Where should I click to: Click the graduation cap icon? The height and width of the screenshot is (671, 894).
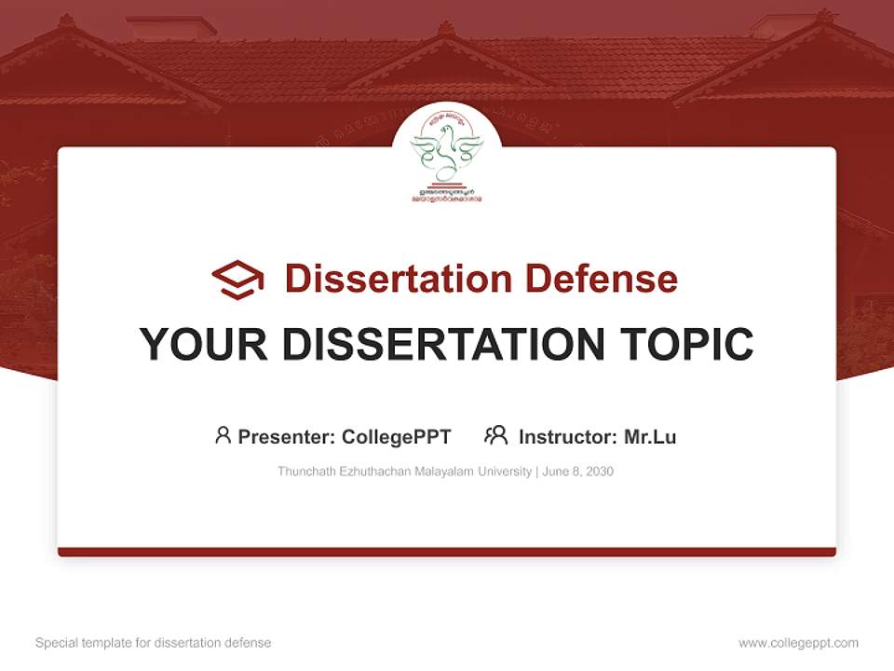tap(237, 280)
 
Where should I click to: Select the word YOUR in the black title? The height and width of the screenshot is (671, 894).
tap(203, 345)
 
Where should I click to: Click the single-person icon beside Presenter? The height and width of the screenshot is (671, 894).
tap(223, 435)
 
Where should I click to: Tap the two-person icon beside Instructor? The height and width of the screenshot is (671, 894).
tap(495, 435)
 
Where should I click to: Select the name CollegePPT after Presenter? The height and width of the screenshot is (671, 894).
tap(397, 437)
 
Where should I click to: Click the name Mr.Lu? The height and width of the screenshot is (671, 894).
tap(650, 437)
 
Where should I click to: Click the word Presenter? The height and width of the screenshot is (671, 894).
tap(287, 437)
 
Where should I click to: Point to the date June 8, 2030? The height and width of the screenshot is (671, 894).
tap(576, 472)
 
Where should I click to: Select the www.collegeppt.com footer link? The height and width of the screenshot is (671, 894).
tap(798, 643)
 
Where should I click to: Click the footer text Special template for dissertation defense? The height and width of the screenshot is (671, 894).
tap(154, 643)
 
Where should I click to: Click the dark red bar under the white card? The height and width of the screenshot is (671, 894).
tap(447, 553)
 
